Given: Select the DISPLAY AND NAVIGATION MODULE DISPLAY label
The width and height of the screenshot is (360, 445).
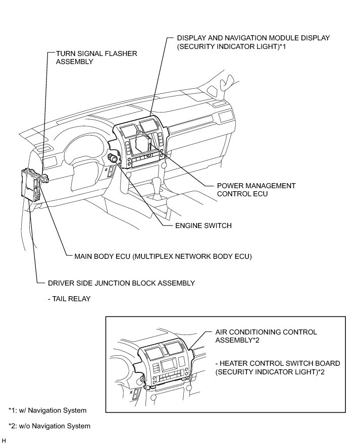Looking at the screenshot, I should [x=253, y=38].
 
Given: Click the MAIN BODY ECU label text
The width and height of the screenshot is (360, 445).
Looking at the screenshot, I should [x=163, y=256].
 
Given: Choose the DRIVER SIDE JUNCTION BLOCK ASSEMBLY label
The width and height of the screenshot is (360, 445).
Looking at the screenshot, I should [x=121, y=283].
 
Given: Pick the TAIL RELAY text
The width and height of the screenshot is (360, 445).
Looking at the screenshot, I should [x=69, y=299].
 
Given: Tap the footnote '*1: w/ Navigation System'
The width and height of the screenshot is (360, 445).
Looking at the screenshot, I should [x=47, y=410].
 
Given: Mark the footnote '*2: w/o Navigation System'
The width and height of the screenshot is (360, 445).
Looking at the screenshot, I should [x=49, y=426].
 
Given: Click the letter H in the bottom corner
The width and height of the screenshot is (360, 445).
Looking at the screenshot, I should [x=4, y=440].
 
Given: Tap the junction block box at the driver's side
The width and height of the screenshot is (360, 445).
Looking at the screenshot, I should [x=31, y=184].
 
